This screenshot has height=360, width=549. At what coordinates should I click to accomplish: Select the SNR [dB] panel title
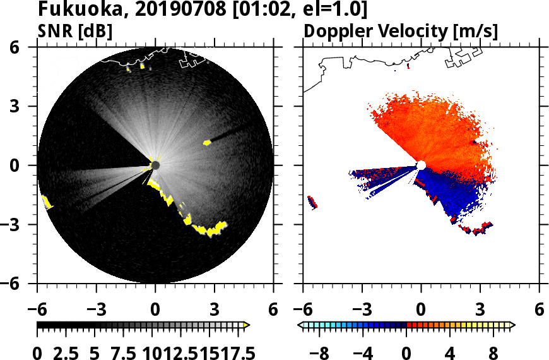[76, 31]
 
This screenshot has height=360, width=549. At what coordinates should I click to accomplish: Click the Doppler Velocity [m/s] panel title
[402, 31]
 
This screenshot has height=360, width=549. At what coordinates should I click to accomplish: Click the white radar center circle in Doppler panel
[421, 165]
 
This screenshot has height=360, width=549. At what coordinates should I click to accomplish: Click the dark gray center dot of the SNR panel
[155, 165]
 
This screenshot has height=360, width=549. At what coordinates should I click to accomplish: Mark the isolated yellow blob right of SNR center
[206, 143]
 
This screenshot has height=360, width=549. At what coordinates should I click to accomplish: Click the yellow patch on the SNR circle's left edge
[46, 202]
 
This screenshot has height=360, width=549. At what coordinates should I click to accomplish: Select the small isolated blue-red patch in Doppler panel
[312, 202]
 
